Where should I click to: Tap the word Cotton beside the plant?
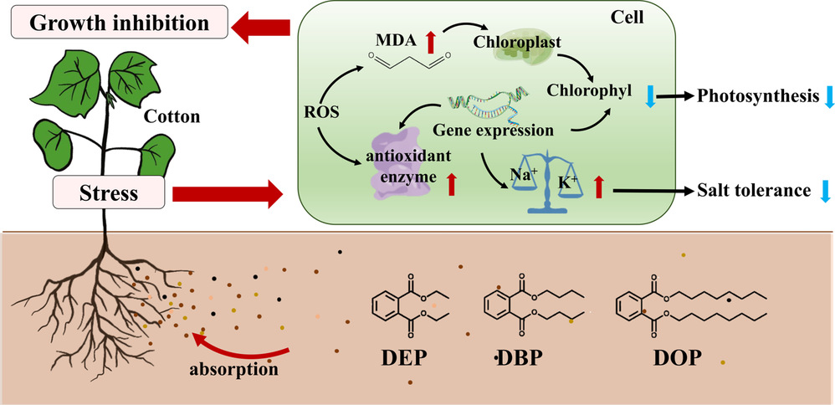click(171, 117)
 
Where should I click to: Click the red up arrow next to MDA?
click(431, 38)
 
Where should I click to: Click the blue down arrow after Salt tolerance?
click(825, 191)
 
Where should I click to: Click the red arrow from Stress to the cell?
click(226, 194)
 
